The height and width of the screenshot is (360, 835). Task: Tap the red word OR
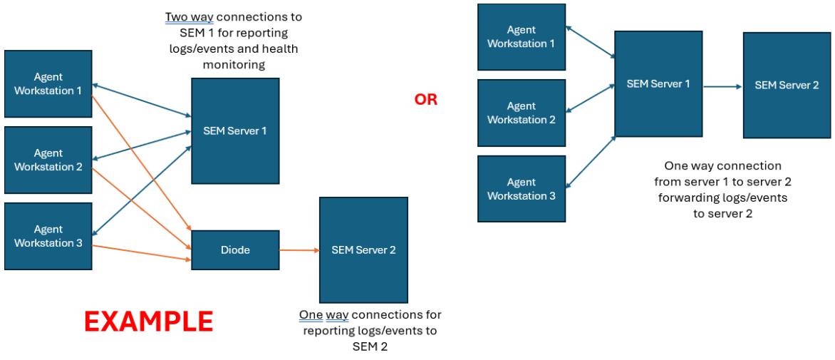pyautogui.click(x=426, y=100)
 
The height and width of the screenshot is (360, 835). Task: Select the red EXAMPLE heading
pyautogui.click(x=148, y=322)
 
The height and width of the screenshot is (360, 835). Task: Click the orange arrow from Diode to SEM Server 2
pyautogui.click(x=299, y=250)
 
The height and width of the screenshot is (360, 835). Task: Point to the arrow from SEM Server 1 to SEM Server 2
pyautogui.click(x=723, y=86)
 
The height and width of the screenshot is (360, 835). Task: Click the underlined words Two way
pyautogui.click(x=187, y=17)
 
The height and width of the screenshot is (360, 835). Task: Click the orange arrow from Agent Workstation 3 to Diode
pyautogui.click(x=142, y=249)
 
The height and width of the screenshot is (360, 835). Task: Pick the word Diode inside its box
pyautogui.click(x=235, y=250)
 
